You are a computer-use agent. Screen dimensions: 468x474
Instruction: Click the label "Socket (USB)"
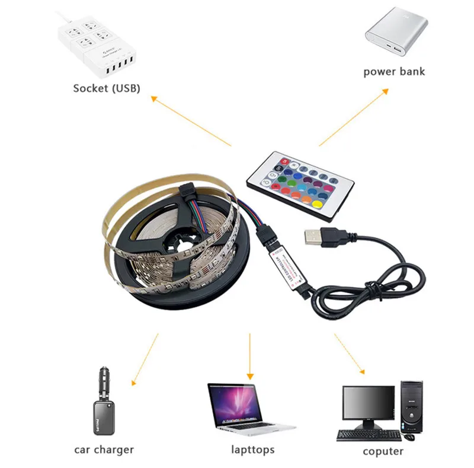click(x=107, y=88)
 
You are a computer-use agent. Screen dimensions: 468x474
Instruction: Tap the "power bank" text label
click(x=394, y=72)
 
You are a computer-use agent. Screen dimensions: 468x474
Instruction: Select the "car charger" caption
click(x=104, y=449)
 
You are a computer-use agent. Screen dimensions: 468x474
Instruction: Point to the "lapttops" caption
click(x=253, y=449)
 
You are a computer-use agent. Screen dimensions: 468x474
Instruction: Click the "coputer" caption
click(x=383, y=451)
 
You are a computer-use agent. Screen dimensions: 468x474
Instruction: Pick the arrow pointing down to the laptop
click(x=250, y=356)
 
